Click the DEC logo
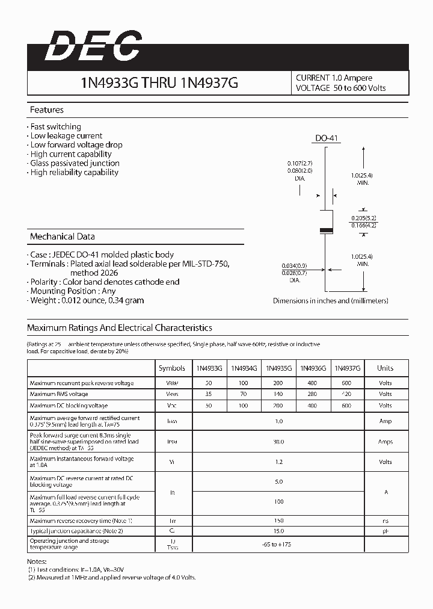(x=93, y=46)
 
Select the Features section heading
(x=47, y=110)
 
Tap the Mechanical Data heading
(x=63, y=236)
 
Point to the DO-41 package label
(x=327, y=138)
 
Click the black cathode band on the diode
(x=325, y=230)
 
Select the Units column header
(x=385, y=368)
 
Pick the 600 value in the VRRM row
(x=346, y=383)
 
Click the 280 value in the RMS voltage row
(x=312, y=394)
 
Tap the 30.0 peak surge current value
(x=279, y=441)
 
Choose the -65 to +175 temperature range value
(x=278, y=544)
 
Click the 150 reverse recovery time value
(x=278, y=520)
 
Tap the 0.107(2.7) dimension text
(x=300, y=164)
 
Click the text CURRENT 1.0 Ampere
(x=334, y=78)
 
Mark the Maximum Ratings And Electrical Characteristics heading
(x=120, y=328)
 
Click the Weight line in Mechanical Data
(x=87, y=300)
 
